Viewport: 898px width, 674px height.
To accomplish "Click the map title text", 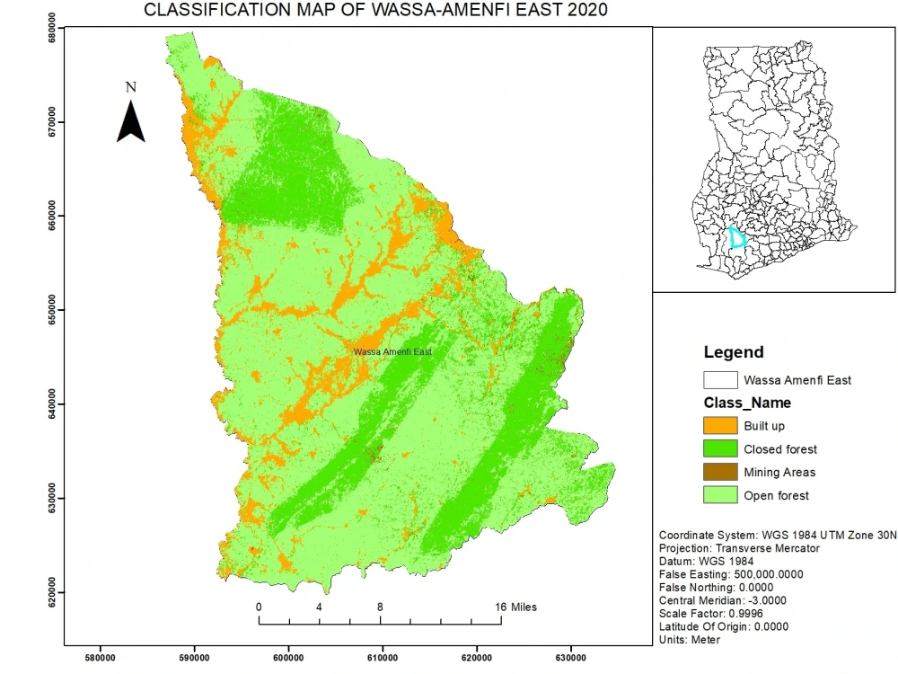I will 375,11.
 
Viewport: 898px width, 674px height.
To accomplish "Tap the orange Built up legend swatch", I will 720,426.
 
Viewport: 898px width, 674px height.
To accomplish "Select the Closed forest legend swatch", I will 720,449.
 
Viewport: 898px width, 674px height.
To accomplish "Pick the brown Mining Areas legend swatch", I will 720,472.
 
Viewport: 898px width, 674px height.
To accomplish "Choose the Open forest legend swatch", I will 720,495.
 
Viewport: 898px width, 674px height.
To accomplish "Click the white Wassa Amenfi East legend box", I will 720,380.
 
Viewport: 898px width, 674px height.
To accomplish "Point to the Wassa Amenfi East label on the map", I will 392,352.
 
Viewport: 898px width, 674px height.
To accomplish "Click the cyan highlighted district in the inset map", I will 737,238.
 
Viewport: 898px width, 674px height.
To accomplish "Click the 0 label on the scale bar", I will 259,607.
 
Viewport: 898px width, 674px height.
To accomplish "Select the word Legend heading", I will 734,352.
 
